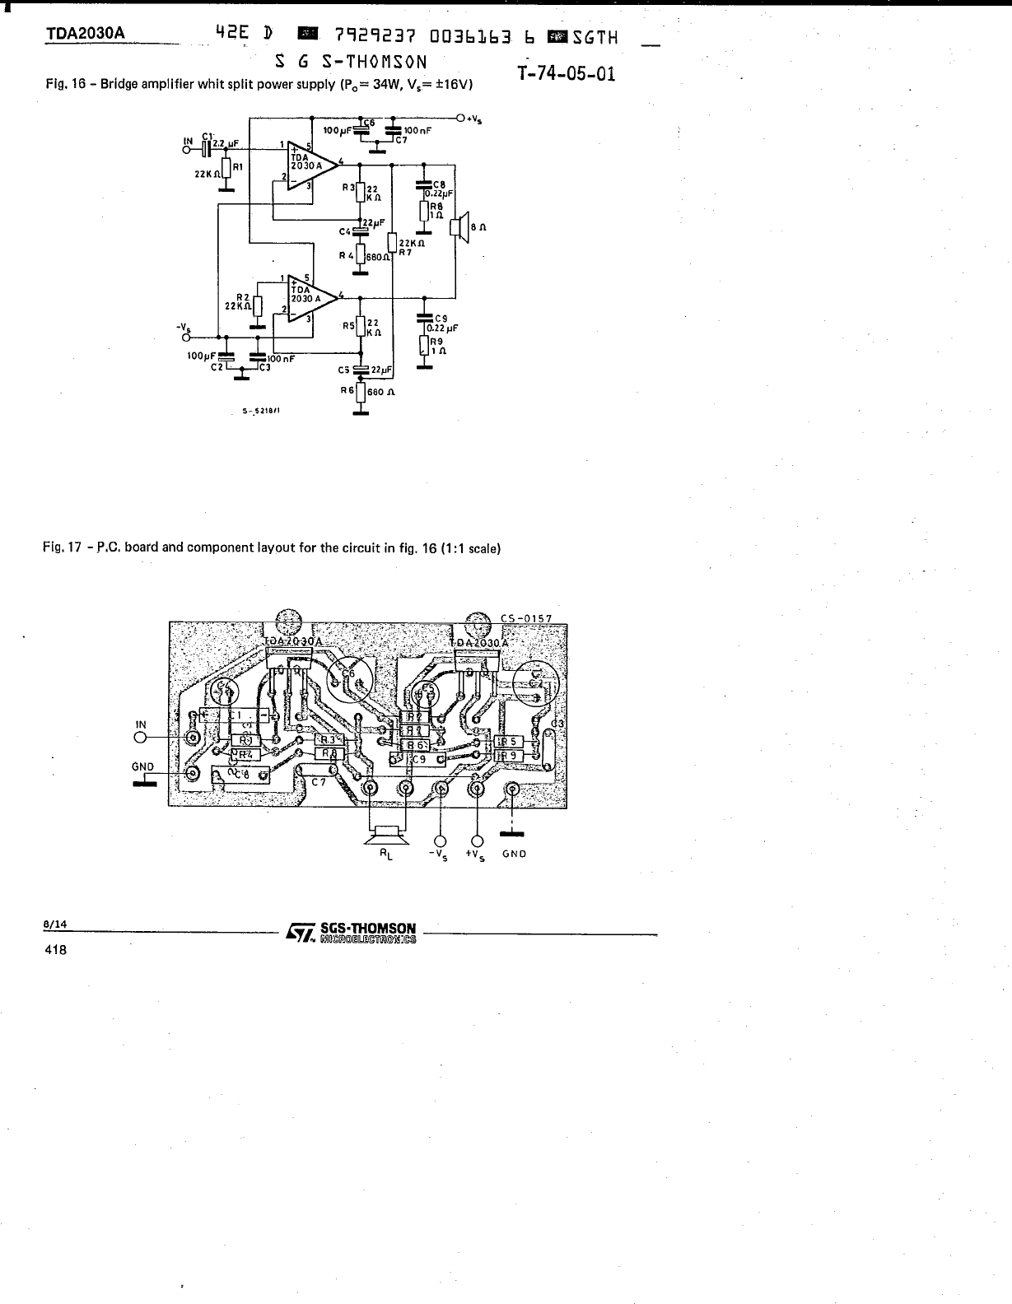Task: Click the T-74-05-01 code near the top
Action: [x=567, y=74]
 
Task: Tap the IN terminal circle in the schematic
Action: [x=186, y=149]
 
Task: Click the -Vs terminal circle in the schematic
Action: [x=186, y=337]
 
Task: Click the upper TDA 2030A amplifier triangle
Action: [x=310, y=165]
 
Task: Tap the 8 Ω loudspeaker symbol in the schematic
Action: [x=459, y=228]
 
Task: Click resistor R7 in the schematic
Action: [x=393, y=244]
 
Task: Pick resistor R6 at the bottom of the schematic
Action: [x=359, y=392]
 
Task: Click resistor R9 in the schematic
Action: [x=424, y=345]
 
